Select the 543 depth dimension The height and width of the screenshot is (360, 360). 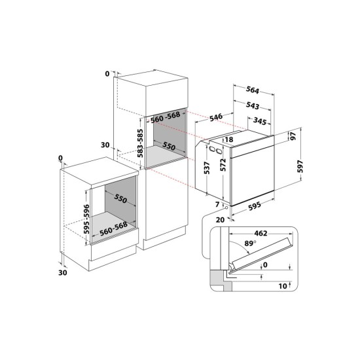[253, 106]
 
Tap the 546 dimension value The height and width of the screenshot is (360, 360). [219, 118]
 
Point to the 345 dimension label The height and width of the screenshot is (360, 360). [260, 122]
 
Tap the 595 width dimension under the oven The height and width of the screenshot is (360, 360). [251, 205]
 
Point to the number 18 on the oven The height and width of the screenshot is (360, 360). [229, 140]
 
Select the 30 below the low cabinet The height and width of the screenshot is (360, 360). [63, 273]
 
